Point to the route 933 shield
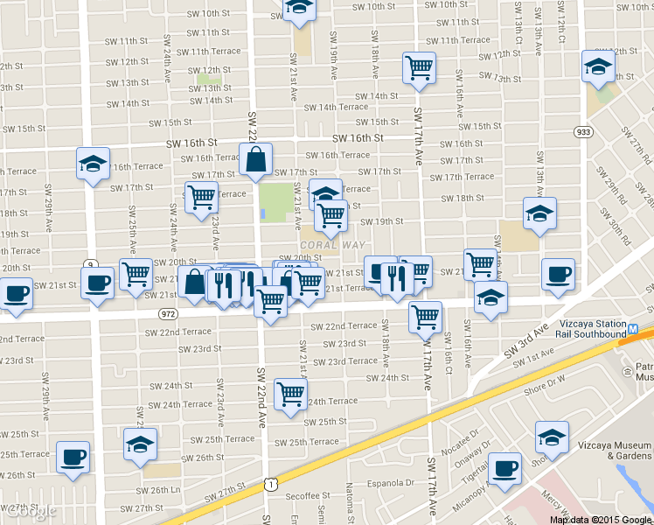tap(583, 131)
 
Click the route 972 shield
tap(169, 312)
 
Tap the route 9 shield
tap(90, 263)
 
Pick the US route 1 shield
tap(272, 484)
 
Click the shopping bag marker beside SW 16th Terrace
tap(255, 160)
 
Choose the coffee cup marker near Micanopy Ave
tap(504, 468)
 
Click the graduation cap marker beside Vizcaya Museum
tap(553, 437)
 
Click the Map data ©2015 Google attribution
tap(602, 519)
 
